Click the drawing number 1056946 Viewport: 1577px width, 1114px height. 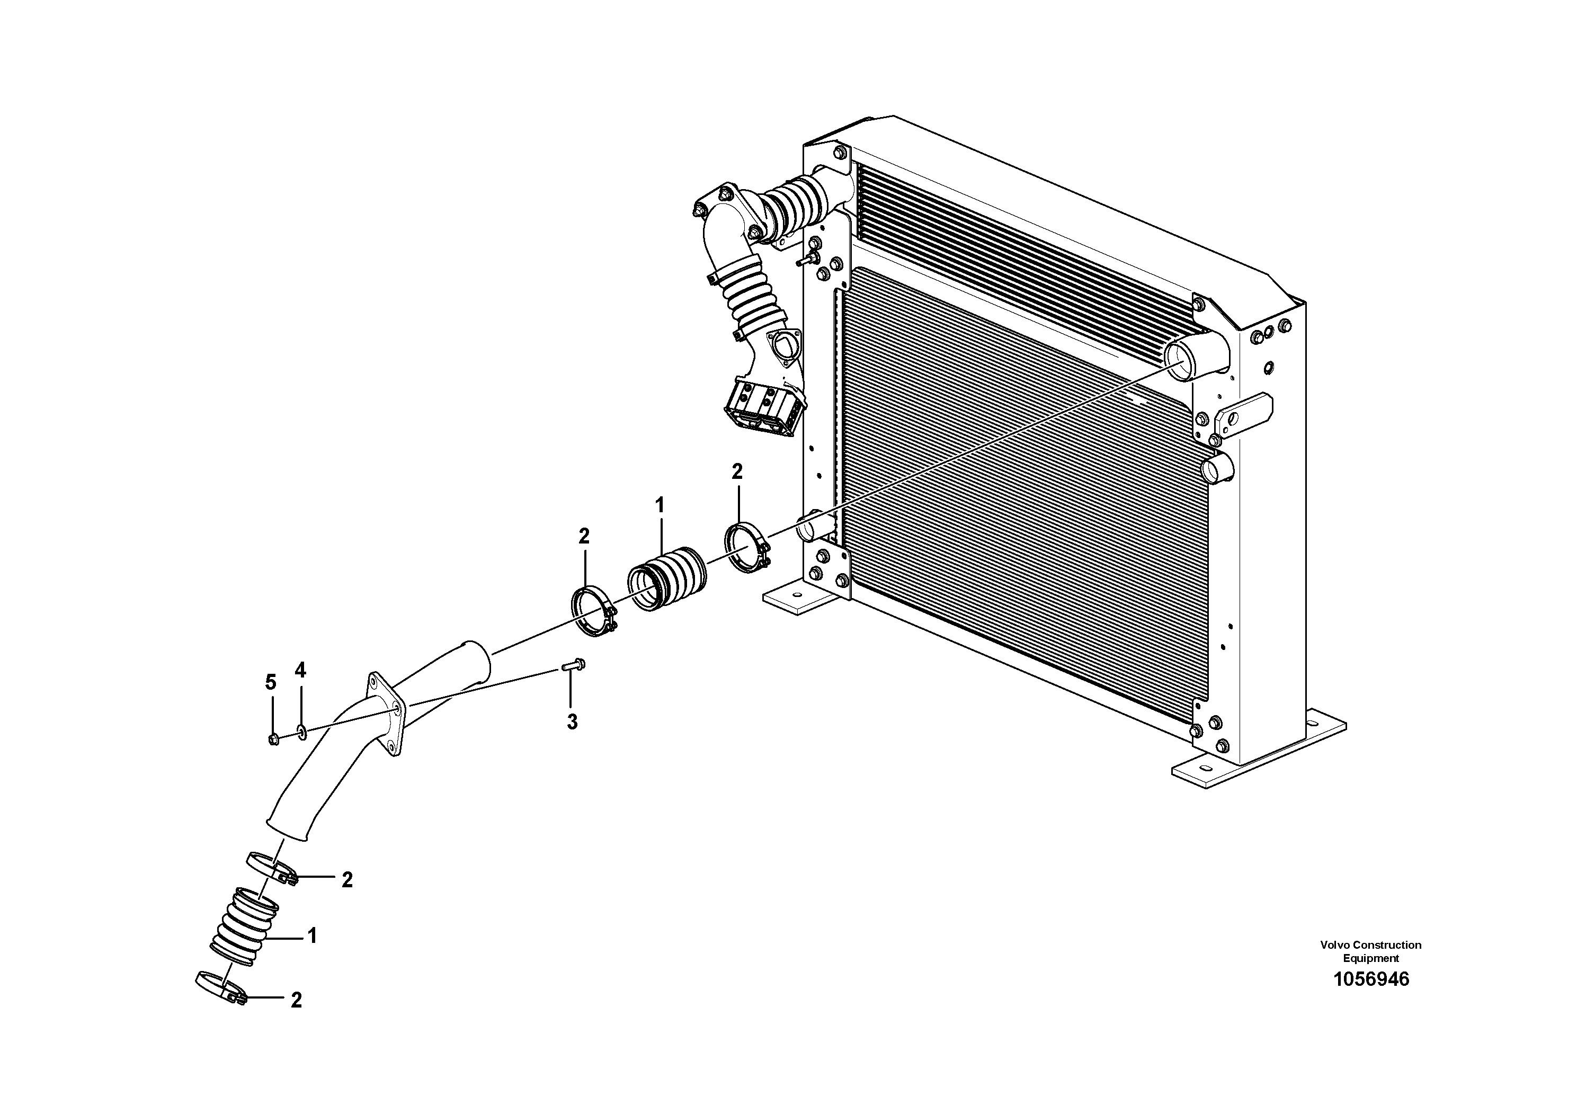click(1370, 979)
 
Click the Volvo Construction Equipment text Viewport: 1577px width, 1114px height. click(1370, 951)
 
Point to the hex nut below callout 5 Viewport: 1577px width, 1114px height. click(273, 739)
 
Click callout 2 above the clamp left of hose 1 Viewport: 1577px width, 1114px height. click(584, 537)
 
